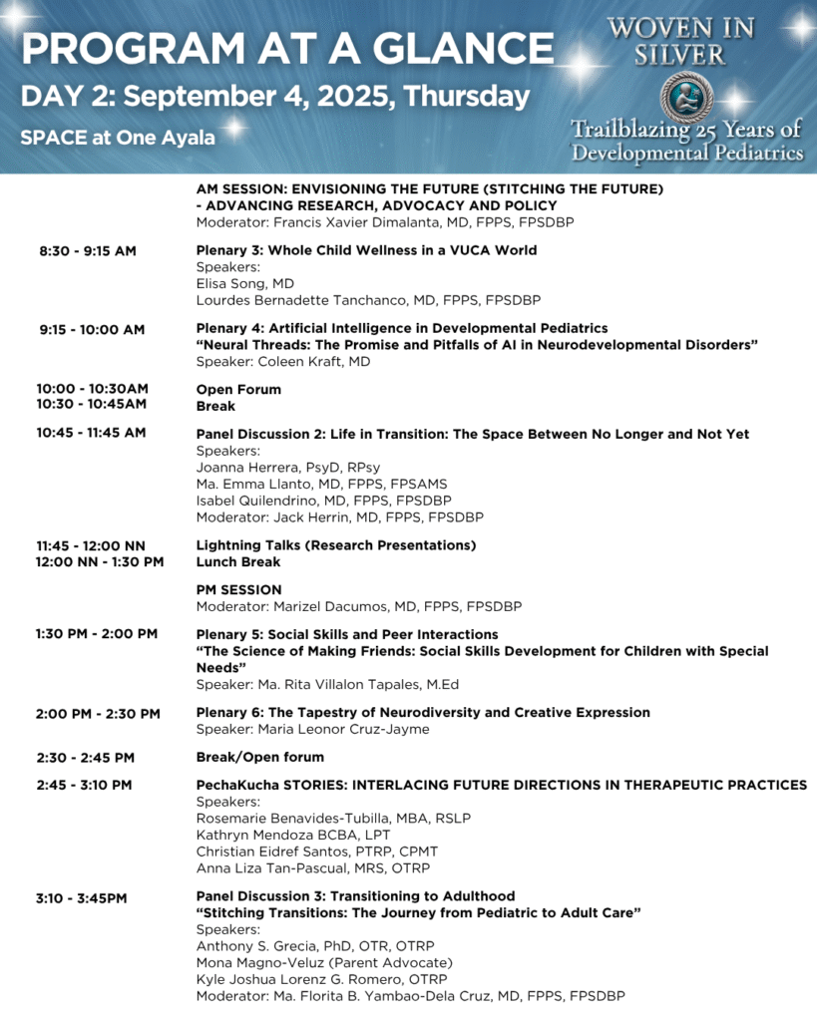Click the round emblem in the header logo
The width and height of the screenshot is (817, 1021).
pyautogui.click(x=687, y=95)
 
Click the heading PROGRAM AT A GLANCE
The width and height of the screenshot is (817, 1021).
pyautogui.click(x=287, y=48)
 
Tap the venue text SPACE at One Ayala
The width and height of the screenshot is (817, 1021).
pyautogui.click(x=118, y=138)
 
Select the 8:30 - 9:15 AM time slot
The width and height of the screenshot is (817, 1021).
pyautogui.click(x=88, y=251)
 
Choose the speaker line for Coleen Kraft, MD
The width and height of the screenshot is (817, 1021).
pyautogui.click(x=283, y=362)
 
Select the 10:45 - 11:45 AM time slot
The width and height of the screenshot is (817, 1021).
pyautogui.click(x=91, y=433)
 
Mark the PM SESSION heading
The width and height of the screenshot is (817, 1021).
pyautogui.click(x=239, y=590)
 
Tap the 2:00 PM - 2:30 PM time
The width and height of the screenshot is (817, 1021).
pyautogui.click(x=98, y=713)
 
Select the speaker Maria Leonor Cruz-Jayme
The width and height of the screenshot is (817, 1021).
pyautogui.click(x=313, y=729)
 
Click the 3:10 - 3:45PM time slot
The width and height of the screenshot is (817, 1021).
pyautogui.click(x=82, y=897)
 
